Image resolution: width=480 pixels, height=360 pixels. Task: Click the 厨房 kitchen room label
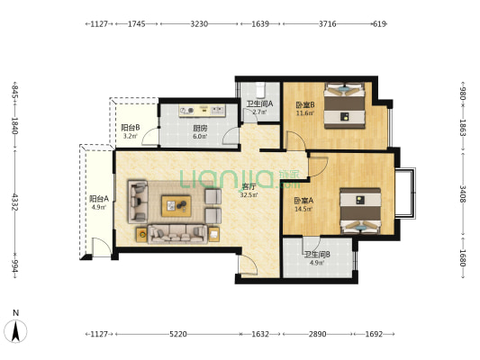(x=200, y=129)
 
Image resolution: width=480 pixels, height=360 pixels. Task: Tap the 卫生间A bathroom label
(x=260, y=104)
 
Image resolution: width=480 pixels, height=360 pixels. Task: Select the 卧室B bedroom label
(x=305, y=105)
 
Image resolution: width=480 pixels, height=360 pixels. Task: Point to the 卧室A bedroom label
(x=303, y=201)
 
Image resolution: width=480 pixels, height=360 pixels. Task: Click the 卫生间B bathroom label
(x=317, y=255)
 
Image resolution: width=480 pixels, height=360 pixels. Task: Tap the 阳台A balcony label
(x=99, y=199)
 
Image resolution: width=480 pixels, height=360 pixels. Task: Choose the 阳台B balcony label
(x=131, y=128)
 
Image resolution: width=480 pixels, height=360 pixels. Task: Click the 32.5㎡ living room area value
(x=249, y=194)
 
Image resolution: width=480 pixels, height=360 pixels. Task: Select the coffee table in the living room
(x=176, y=206)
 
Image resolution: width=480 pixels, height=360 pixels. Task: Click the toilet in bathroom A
(x=260, y=88)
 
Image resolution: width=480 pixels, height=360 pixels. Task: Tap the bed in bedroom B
(x=345, y=105)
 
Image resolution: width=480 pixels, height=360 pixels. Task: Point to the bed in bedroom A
(x=361, y=211)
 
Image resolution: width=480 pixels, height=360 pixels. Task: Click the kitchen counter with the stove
(x=203, y=111)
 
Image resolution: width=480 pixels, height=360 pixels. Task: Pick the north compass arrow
(x=15, y=331)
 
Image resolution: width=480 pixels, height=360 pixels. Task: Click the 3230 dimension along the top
(x=199, y=23)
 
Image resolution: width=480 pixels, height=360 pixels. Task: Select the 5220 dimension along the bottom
(x=178, y=334)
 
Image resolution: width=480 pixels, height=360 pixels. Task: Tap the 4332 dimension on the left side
(x=14, y=202)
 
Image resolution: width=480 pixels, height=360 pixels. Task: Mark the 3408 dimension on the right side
(x=463, y=194)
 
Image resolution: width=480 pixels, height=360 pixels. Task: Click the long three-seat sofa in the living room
(x=177, y=234)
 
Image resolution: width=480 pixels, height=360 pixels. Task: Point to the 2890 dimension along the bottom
(x=318, y=334)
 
